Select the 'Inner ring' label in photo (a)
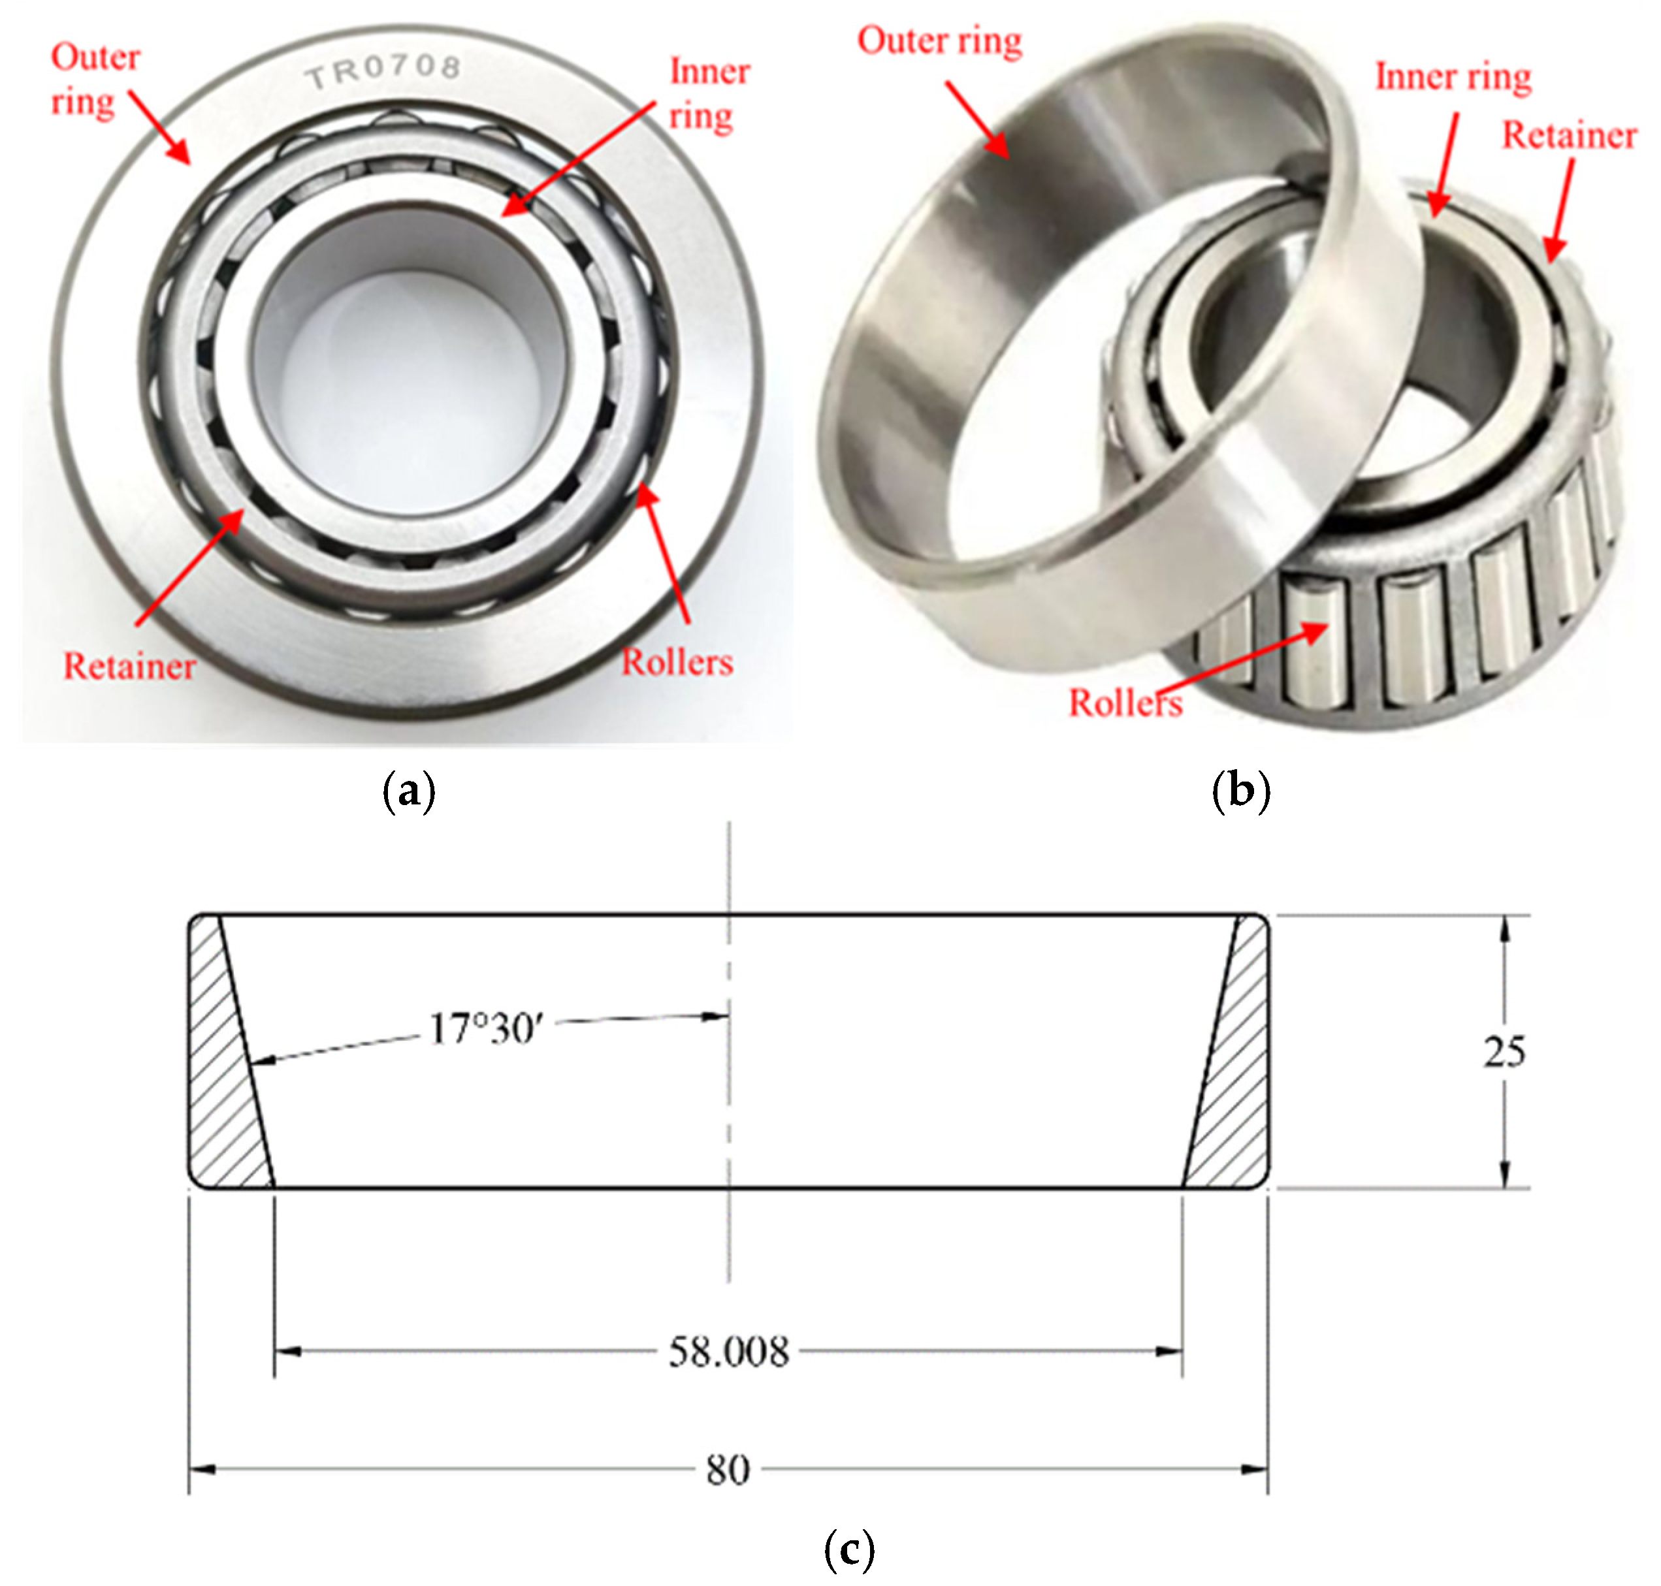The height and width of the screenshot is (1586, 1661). coord(709,93)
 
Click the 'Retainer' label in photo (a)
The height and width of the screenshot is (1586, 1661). coord(129,667)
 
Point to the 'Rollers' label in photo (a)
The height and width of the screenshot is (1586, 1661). coord(677,663)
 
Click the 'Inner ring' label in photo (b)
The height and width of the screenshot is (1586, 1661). coord(1453,77)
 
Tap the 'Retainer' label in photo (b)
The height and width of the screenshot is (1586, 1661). coord(1569,135)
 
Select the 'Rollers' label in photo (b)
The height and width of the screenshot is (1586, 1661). coord(1125,703)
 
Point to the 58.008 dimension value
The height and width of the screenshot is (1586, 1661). coord(728,1352)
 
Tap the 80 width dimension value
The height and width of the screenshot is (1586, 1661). coord(728,1470)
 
